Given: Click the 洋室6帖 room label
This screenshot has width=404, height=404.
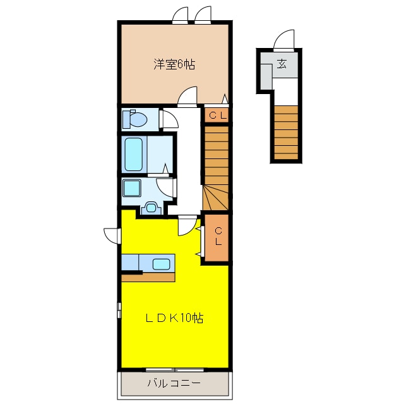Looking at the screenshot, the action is [174, 64].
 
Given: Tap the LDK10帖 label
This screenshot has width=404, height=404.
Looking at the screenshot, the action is [174, 318].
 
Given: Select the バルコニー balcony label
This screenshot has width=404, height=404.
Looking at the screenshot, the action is [174, 383].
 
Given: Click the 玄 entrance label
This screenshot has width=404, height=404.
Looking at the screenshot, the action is [282, 64].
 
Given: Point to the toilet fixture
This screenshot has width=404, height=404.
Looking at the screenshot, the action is [134, 119].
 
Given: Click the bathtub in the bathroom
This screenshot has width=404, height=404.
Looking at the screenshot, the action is [134, 154].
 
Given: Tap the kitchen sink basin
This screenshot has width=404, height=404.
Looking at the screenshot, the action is [162, 264].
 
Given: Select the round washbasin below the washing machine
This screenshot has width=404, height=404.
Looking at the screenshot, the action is [151, 208].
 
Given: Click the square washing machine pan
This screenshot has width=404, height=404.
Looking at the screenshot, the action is [132, 188].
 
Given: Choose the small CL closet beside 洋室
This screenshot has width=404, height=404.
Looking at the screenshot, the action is [217, 115].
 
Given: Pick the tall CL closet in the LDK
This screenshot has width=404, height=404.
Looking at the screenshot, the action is [217, 237].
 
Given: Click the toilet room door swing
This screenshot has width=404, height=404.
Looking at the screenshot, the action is [169, 119].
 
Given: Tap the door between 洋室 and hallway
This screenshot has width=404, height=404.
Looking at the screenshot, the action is [187, 97].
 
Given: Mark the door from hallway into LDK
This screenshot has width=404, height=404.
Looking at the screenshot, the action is [187, 226].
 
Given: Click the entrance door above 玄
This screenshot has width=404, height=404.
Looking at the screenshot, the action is [283, 39].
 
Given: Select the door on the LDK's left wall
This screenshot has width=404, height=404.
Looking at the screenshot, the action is [112, 235].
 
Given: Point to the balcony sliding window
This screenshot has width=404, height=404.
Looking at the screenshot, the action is [175, 370].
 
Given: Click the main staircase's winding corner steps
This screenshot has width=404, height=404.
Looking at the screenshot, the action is [216, 198].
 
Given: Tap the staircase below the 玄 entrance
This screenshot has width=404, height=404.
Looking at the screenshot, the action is [286, 133].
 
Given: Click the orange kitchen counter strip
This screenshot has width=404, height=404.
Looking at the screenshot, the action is [148, 277].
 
